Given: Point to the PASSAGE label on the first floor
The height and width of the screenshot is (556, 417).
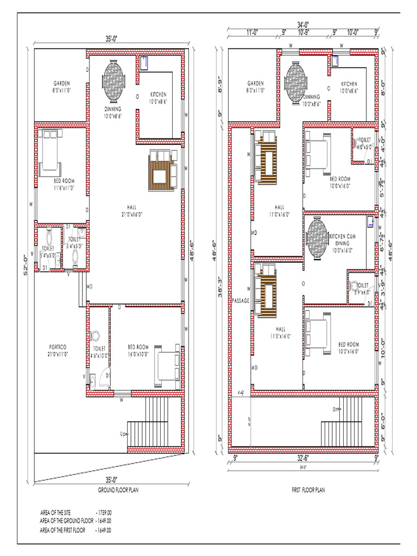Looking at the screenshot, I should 240,300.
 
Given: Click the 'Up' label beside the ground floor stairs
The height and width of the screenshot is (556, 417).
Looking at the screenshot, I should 123,433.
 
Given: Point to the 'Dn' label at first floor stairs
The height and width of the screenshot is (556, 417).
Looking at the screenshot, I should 336,410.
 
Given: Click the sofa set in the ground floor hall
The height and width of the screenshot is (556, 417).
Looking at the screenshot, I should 162,169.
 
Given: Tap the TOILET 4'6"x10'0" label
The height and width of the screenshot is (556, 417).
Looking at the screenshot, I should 99,351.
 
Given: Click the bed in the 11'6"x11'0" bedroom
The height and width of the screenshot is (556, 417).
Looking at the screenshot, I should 50,153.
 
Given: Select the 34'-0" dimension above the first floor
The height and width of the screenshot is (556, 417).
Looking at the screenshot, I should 303,24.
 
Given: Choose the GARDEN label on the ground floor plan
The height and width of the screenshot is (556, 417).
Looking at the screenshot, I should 62,86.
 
